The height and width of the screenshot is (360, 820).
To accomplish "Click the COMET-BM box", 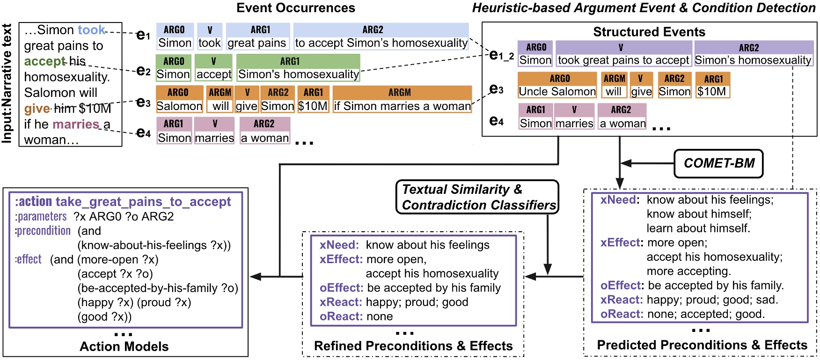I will pos(718,163).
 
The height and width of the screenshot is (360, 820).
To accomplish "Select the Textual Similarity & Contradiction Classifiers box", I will pos(477,197).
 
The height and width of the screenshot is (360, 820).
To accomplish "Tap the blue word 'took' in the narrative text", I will pos(91,30).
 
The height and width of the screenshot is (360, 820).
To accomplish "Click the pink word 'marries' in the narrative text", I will pos(76,125).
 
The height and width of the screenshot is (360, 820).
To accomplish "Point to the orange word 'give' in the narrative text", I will pos(37,109).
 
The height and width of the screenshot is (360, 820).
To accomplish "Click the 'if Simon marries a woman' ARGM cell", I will pos(402,106).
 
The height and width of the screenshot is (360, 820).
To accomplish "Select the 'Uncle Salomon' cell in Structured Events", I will pos(557,92).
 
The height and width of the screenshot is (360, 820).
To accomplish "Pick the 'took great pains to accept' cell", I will pos(623,60).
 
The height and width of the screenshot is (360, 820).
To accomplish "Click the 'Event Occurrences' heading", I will pos(295,8).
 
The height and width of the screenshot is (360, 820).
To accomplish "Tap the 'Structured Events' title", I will pos(649,32).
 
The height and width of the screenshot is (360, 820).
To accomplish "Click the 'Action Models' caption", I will pos(124,346).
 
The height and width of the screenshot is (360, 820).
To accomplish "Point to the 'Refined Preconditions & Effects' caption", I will pos(413,346).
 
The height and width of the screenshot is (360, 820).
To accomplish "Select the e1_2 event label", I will pos(501,56).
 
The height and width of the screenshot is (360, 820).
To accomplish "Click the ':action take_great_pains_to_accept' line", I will pos(123,202).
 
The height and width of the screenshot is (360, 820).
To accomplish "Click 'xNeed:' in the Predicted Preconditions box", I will pos(618,200).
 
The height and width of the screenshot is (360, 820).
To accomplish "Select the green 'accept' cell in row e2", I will pos(213,74).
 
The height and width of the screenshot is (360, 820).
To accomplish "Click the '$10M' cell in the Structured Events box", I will pos(711,92).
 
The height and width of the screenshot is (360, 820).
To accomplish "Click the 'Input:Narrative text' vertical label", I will pos(7,84).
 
